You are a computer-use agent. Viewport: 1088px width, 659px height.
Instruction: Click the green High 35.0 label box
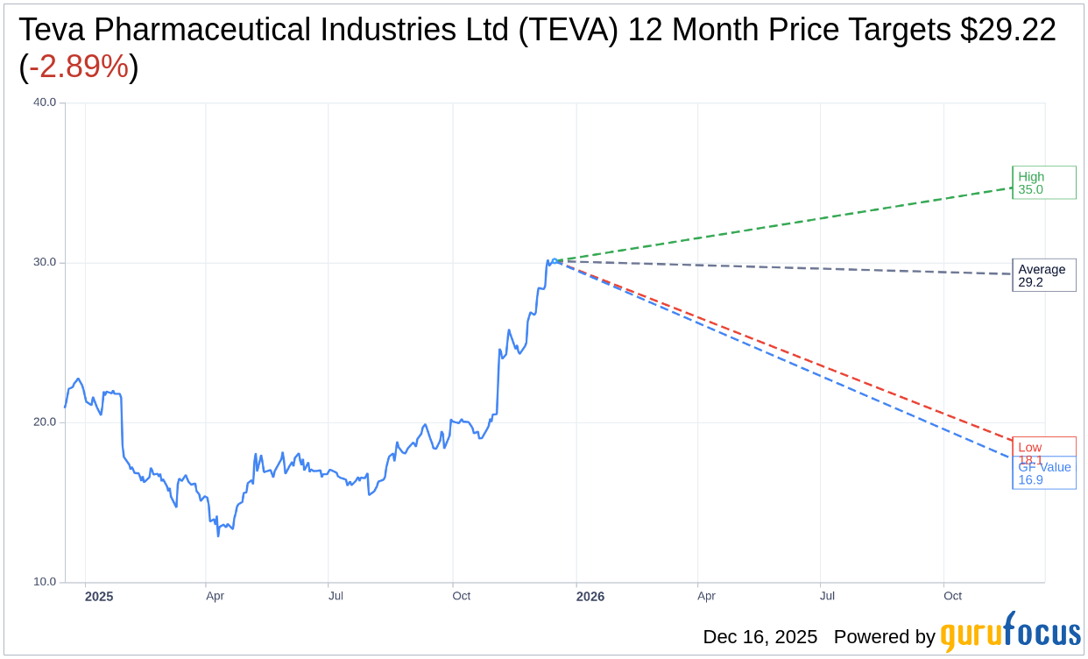(1043, 182)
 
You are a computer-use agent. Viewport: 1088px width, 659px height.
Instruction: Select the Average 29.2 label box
(1043, 275)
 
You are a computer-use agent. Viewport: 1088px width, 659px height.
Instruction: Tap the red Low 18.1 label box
(1043, 447)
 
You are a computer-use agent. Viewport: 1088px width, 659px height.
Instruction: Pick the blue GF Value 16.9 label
(1043, 474)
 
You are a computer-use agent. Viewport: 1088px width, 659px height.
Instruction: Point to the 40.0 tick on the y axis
(44, 103)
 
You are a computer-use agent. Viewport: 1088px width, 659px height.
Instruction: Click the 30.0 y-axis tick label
(44, 262)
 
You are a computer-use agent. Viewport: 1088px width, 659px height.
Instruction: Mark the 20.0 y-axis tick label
(44, 422)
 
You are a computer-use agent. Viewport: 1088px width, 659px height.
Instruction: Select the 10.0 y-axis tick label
(44, 582)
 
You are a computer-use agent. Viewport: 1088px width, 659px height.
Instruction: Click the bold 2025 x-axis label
(99, 597)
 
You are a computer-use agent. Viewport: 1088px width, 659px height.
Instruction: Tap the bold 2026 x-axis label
(590, 597)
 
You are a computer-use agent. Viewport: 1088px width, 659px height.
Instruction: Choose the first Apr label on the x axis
(215, 596)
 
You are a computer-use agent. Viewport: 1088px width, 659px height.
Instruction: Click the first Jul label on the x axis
(336, 596)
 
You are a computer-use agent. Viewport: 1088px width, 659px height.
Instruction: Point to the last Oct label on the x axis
(952, 596)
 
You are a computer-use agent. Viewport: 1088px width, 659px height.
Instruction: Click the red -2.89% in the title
(79, 67)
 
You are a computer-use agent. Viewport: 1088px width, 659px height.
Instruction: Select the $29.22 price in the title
(1007, 30)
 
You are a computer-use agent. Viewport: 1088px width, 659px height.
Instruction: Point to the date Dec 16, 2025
(759, 637)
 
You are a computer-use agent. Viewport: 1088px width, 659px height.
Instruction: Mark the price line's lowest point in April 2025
(218, 535)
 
